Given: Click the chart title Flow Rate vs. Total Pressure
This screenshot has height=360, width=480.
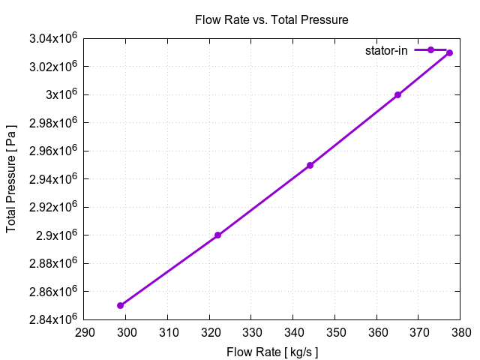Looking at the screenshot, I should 271,19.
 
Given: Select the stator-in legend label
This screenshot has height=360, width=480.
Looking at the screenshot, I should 386,51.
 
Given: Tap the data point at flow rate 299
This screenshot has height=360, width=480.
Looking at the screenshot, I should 120,305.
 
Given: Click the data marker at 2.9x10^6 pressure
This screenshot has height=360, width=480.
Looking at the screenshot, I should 217,235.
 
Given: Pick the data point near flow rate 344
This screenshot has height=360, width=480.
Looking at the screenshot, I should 310,165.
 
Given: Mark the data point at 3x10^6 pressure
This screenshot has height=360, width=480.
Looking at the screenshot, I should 397,95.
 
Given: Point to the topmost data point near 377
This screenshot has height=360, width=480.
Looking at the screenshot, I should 449,52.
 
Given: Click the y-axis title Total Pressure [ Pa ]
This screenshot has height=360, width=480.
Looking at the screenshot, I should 11,178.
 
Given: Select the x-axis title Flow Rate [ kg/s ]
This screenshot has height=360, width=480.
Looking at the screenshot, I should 271,351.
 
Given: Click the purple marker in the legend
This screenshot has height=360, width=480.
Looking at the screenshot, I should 430,50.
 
